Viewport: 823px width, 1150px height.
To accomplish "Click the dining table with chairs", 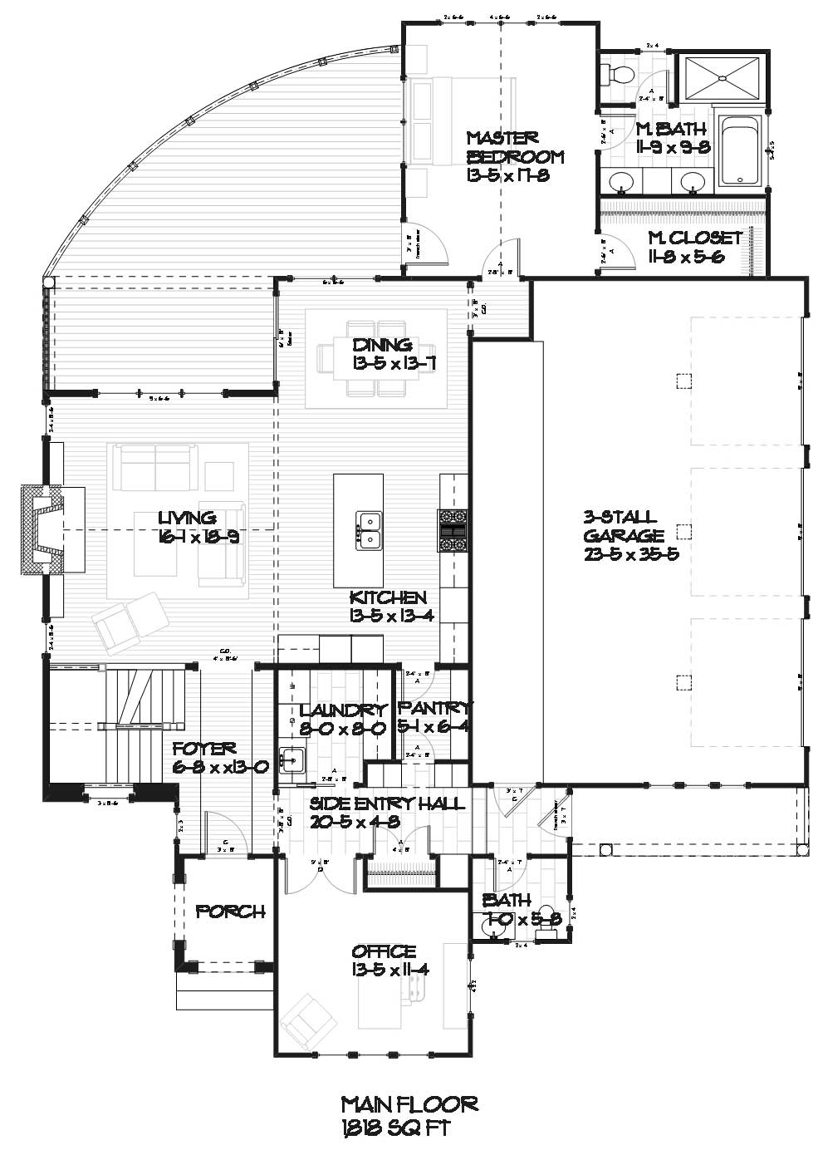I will tap(376, 357).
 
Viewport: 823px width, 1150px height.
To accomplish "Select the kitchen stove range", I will tap(453, 530).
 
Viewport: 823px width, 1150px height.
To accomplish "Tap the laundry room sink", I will tap(291, 759).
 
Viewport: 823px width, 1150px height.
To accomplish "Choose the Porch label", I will tap(230, 912).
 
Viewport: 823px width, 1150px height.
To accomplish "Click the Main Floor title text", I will tap(409, 1103).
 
